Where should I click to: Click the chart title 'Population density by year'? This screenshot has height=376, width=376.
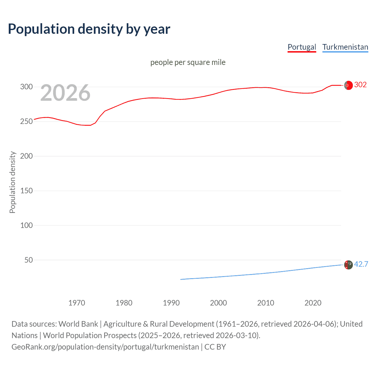point(89,29)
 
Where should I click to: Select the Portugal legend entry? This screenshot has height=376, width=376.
point(302,47)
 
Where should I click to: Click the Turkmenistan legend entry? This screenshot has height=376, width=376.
point(345,47)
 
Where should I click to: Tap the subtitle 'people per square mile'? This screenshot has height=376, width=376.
point(188,62)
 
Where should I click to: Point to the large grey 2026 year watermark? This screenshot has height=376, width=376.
point(65,93)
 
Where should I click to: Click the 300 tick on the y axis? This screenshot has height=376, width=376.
point(26,87)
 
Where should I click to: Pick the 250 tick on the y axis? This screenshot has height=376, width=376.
point(26,121)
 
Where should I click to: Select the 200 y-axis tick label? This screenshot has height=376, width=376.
point(26,156)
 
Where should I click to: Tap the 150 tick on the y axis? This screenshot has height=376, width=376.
point(26,191)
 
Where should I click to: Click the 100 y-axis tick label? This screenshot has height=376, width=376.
point(26,225)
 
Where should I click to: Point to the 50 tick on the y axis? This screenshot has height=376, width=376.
point(28,260)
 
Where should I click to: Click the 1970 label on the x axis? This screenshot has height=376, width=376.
point(77,303)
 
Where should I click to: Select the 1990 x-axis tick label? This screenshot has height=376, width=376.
point(171,303)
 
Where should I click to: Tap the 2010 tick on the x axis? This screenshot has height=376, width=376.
point(266,303)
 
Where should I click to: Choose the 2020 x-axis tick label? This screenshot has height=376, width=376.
point(313,303)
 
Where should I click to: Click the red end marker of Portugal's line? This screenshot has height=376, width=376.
point(348,85)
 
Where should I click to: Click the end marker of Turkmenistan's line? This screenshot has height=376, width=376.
point(348,265)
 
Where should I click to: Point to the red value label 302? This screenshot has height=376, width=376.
point(360,85)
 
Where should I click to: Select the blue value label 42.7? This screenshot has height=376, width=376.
point(361,264)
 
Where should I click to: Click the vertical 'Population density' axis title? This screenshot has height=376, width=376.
point(12,182)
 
